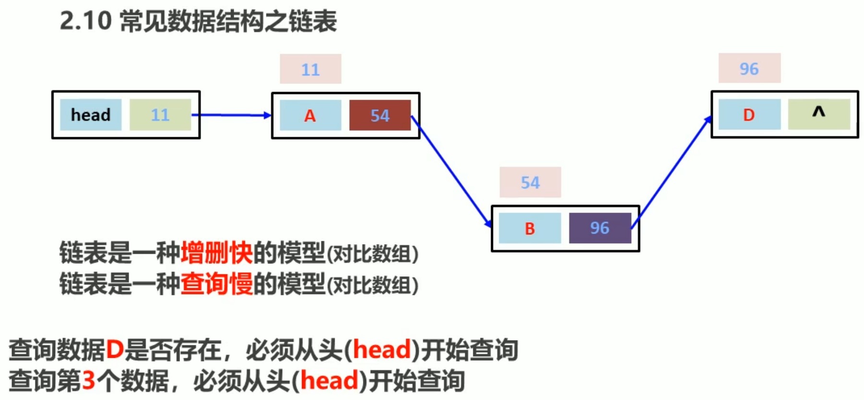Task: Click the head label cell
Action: click(91, 115)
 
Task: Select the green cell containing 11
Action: click(160, 115)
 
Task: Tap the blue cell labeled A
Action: click(310, 115)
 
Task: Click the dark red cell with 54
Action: click(380, 115)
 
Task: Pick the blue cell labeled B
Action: click(529, 228)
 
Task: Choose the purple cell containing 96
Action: click(600, 228)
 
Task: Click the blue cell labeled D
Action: click(749, 115)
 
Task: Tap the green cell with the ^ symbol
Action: click(818, 114)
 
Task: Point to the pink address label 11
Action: click(311, 70)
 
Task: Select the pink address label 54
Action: click(530, 182)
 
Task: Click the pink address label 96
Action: click(749, 69)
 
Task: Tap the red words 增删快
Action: click(216, 253)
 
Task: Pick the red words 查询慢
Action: click(216, 284)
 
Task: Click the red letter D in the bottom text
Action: click(115, 349)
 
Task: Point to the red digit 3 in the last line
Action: click(89, 381)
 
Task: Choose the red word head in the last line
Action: click(329, 381)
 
